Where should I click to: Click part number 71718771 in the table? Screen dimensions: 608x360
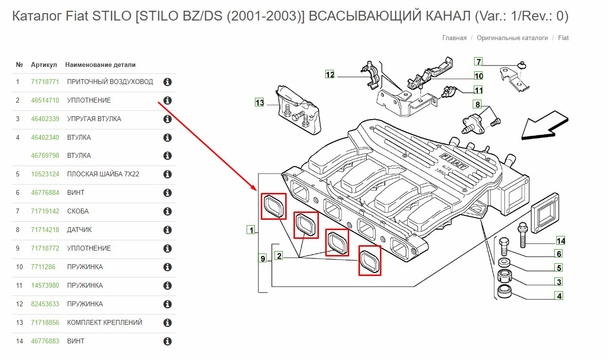click(45, 82)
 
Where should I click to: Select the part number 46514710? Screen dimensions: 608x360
click(45, 100)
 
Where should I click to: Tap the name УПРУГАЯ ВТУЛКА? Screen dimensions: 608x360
click(94, 119)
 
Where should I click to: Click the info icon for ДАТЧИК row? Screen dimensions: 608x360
click(168, 230)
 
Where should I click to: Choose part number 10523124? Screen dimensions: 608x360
click(45, 174)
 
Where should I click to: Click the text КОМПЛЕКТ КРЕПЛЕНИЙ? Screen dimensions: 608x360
click(105, 322)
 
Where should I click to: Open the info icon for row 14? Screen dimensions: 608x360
click(168, 341)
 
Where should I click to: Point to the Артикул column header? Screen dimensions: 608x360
click(43, 64)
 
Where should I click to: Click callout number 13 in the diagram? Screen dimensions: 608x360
click(259, 103)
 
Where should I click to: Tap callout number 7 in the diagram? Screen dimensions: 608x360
click(478, 62)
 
